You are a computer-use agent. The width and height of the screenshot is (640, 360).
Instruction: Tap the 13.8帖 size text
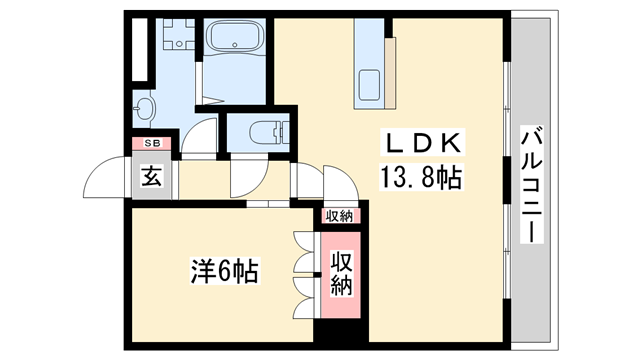coord(420,179)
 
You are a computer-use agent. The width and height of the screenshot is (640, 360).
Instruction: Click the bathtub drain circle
coord(236,45)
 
